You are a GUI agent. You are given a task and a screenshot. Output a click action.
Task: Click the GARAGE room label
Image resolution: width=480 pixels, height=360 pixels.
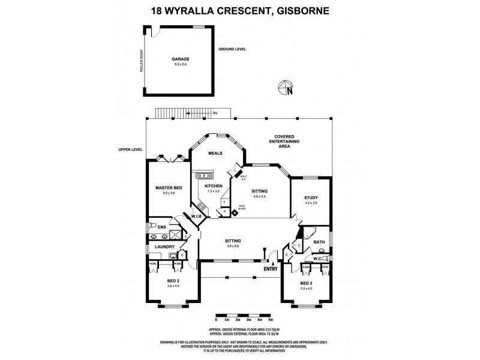(x=181, y=59)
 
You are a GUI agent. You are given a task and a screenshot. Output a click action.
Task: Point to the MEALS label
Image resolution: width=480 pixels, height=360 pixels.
(x=215, y=153)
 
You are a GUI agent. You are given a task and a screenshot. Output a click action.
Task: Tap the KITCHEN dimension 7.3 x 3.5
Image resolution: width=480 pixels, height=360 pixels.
(x=213, y=192)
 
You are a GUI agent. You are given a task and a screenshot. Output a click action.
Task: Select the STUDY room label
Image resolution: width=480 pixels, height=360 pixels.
(x=310, y=197)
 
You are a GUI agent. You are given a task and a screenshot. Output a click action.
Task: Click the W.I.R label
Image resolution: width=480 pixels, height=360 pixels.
(x=196, y=216)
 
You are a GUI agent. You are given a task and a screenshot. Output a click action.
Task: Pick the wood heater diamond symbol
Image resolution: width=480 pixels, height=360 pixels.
(x=235, y=212)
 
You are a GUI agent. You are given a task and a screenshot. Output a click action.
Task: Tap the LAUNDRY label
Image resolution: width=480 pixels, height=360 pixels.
(x=164, y=247)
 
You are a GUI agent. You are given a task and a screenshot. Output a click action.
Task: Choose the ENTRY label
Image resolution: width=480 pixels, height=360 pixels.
(x=271, y=268)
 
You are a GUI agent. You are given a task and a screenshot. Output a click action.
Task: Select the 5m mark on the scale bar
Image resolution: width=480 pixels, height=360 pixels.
(x=271, y=320)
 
